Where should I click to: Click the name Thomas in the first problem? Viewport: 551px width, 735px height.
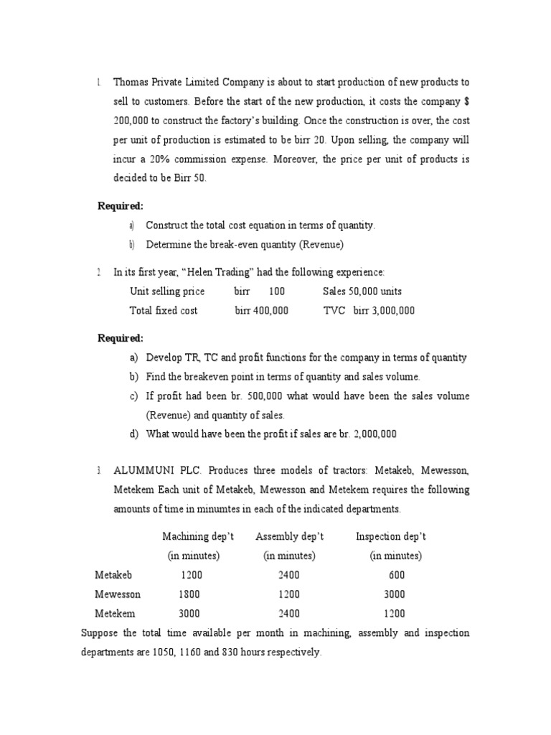(x=131, y=83)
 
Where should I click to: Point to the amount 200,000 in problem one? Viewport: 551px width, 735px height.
(x=133, y=120)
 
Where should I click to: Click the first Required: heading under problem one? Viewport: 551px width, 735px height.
(x=121, y=206)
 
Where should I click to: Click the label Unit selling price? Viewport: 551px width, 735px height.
(x=166, y=291)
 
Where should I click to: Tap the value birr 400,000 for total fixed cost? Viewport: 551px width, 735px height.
(x=262, y=311)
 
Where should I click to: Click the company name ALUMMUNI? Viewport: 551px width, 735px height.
(x=141, y=471)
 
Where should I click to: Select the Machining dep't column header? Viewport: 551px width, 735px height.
(x=198, y=537)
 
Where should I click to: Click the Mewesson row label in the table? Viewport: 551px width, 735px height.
(x=118, y=594)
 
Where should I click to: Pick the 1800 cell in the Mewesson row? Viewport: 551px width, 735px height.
(x=189, y=594)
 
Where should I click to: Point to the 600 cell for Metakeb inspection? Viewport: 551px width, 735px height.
(x=396, y=575)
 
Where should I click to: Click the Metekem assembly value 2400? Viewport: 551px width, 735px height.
(x=289, y=614)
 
